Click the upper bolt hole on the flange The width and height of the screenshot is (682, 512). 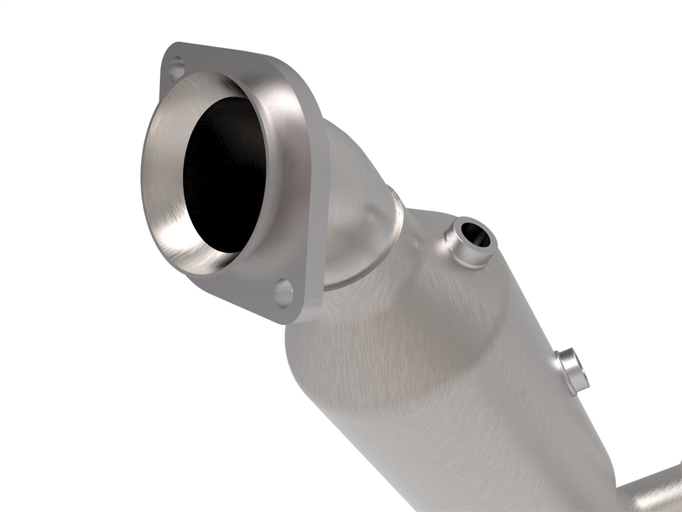176,66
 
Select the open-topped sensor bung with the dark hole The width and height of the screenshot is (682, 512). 469,242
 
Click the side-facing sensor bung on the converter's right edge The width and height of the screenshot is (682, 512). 572,371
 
